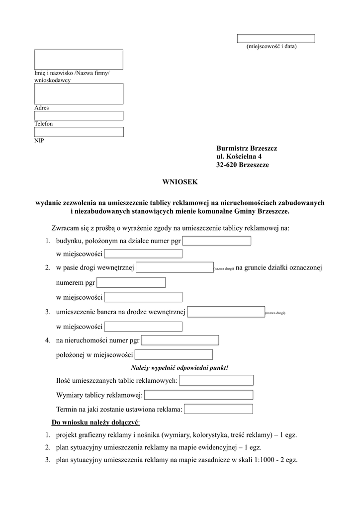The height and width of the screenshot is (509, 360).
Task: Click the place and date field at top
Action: (x=276, y=39)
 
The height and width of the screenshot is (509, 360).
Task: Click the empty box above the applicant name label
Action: (x=79, y=59)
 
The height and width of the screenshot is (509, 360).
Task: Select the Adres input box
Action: (x=79, y=93)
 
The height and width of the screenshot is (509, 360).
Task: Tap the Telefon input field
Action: (x=79, y=116)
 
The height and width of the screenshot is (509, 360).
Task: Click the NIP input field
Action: (x=79, y=132)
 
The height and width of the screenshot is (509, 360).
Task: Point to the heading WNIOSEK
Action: (x=180, y=182)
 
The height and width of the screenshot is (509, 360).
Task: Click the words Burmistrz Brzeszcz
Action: (x=247, y=149)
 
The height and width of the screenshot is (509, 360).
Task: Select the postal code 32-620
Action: (x=227, y=165)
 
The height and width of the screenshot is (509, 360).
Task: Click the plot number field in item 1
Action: (x=217, y=241)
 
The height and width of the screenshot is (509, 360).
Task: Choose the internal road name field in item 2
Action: (x=175, y=267)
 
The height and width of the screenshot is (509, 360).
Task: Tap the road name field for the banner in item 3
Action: (x=226, y=312)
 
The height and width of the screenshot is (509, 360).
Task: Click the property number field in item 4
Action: (x=180, y=340)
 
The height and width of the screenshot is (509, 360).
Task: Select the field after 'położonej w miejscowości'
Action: (x=174, y=355)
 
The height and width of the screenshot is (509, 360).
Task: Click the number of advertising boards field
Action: (x=216, y=380)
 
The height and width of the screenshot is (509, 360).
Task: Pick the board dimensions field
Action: (x=198, y=395)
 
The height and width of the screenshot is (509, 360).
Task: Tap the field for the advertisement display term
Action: (x=218, y=409)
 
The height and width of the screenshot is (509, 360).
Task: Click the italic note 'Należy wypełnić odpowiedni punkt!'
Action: (x=180, y=368)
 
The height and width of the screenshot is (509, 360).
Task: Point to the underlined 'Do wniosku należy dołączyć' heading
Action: (x=96, y=423)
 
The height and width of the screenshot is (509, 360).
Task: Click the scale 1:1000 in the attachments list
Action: (x=259, y=460)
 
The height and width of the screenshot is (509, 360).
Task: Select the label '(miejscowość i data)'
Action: (x=271, y=47)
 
